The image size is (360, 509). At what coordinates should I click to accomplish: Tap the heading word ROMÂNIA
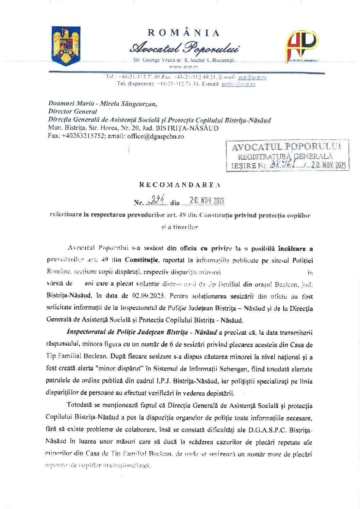184,33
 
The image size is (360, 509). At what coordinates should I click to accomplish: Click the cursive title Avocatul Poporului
184,48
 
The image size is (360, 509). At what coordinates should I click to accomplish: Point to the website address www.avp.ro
183,67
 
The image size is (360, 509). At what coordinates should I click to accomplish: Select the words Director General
72,111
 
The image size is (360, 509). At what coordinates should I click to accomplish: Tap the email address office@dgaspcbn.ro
156,136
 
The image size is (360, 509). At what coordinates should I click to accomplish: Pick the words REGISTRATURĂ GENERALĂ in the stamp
285,157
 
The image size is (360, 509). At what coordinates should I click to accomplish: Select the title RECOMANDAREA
180,185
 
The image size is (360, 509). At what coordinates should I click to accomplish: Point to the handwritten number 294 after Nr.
158,201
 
